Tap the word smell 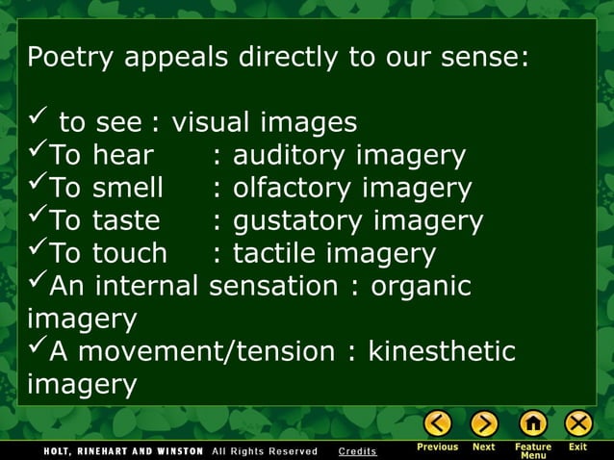[x=128, y=188]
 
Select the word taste [x=126, y=220]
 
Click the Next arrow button [x=484, y=423]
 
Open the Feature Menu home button [x=532, y=423]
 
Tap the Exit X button [x=578, y=423]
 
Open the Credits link [x=358, y=451]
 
